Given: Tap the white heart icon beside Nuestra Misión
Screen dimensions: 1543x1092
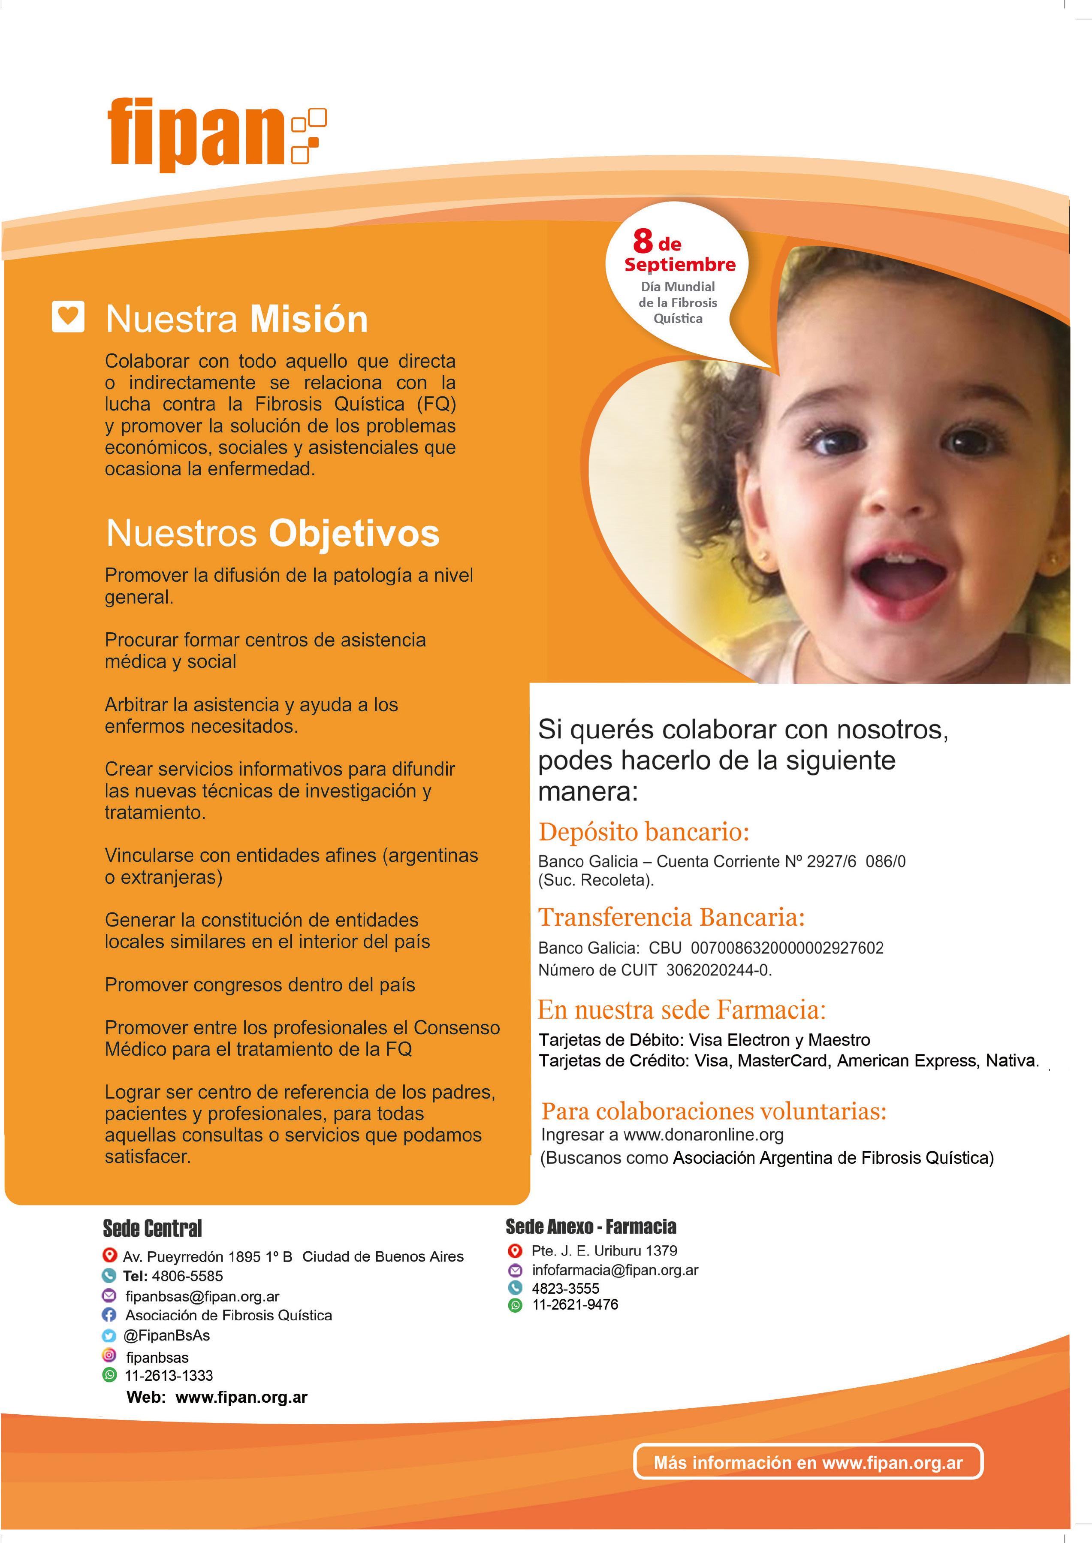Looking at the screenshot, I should [x=68, y=316].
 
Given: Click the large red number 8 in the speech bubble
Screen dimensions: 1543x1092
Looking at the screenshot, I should [x=643, y=241].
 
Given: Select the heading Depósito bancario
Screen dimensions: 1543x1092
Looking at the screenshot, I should [x=643, y=832].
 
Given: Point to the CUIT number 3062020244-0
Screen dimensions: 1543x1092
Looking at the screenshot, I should [x=718, y=970].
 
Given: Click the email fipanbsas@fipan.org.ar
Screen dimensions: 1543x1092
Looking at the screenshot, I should [x=202, y=1296].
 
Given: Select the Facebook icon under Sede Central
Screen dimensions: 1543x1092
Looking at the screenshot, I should [x=109, y=1314].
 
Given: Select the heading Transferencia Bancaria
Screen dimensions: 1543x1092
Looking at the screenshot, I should [x=671, y=917].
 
